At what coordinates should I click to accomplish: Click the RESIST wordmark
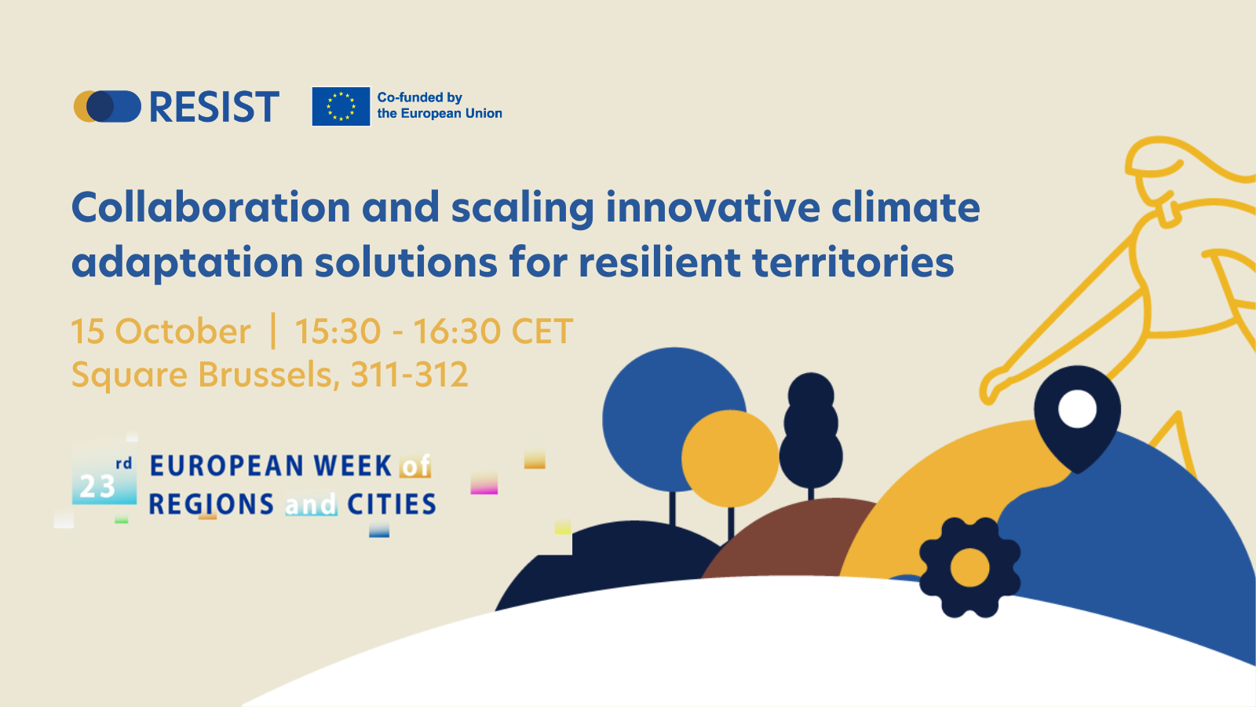coord(214,107)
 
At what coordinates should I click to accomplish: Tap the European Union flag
coord(341,106)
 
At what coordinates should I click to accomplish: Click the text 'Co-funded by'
coord(419,97)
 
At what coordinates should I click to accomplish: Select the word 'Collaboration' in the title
coord(211,207)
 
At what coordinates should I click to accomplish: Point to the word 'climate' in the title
coord(906,207)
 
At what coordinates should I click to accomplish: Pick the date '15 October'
coord(161,331)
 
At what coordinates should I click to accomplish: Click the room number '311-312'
coord(409,374)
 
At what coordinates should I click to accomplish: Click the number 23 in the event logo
coord(97,487)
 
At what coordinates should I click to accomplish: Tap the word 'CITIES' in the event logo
coord(392,504)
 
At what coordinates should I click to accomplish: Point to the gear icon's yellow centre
coord(970,567)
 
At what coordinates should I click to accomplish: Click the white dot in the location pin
coord(1077,408)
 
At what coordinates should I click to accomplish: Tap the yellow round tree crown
coord(730,459)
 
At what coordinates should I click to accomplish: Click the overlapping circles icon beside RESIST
coord(107,107)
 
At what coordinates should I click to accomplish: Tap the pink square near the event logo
coord(484,484)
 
